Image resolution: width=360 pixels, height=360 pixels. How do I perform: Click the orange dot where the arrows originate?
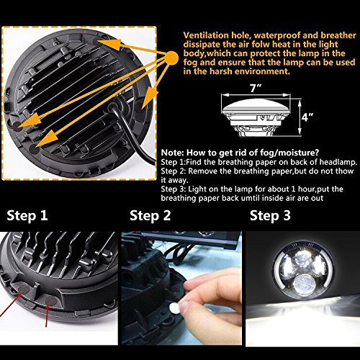click(x=171, y=58)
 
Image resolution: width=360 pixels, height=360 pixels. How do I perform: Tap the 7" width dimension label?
click(x=256, y=88)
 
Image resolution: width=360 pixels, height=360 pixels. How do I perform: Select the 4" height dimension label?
click(x=307, y=117)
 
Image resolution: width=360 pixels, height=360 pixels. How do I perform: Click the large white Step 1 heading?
click(x=27, y=215)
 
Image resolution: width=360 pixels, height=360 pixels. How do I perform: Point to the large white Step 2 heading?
click(x=150, y=215)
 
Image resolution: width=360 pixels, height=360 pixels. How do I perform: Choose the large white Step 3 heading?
click(x=270, y=215)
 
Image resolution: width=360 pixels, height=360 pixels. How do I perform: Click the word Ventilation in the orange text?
click(x=206, y=35)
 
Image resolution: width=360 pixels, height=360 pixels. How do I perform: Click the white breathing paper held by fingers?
click(x=174, y=308)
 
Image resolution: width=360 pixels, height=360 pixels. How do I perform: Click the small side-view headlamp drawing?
click(x=256, y=117)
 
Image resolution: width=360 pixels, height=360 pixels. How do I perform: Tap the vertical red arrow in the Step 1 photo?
click(x=47, y=316)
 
